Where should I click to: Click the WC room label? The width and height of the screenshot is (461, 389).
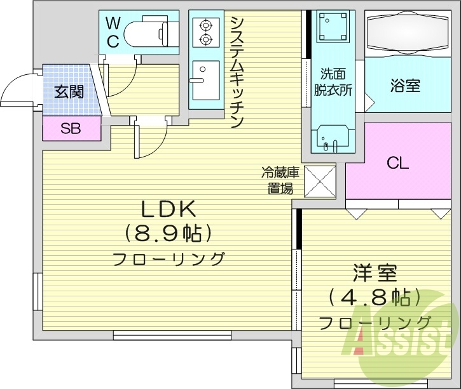(113, 32)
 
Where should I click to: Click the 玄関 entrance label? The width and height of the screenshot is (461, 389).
(69, 91)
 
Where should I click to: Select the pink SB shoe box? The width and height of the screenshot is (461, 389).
(71, 129)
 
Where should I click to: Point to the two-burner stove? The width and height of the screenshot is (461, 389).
(205, 33)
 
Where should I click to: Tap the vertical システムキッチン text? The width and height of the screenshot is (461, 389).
(237, 71)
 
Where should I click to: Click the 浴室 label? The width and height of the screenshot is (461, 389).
(405, 86)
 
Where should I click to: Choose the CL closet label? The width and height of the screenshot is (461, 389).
(398, 163)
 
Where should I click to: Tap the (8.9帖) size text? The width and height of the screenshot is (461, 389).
(168, 234)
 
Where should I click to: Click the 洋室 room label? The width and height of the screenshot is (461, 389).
(375, 274)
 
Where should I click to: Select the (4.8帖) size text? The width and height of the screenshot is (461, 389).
(375, 297)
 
